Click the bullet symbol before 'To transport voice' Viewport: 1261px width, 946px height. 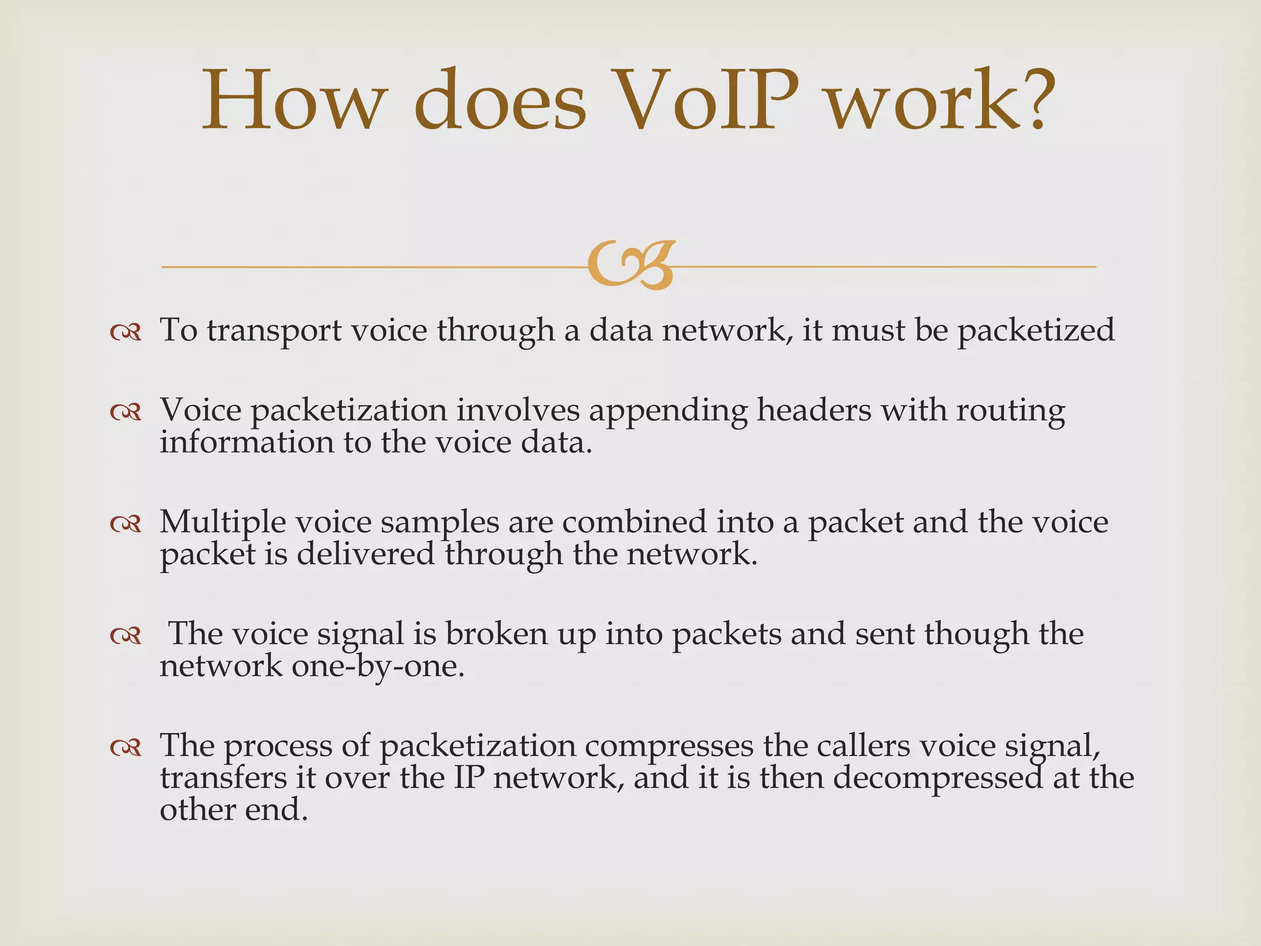pyautogui.click(x=126, y=333)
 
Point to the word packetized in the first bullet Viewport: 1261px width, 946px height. pyautogui.click(x=1036, y=331)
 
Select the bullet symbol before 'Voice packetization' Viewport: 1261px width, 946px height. pyautogui.click(x=126, y=413)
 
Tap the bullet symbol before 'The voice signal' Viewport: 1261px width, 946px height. pyautogui.click(x=126, y=636)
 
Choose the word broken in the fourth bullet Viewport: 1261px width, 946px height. pyautogui.click(x=496, y=634)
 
